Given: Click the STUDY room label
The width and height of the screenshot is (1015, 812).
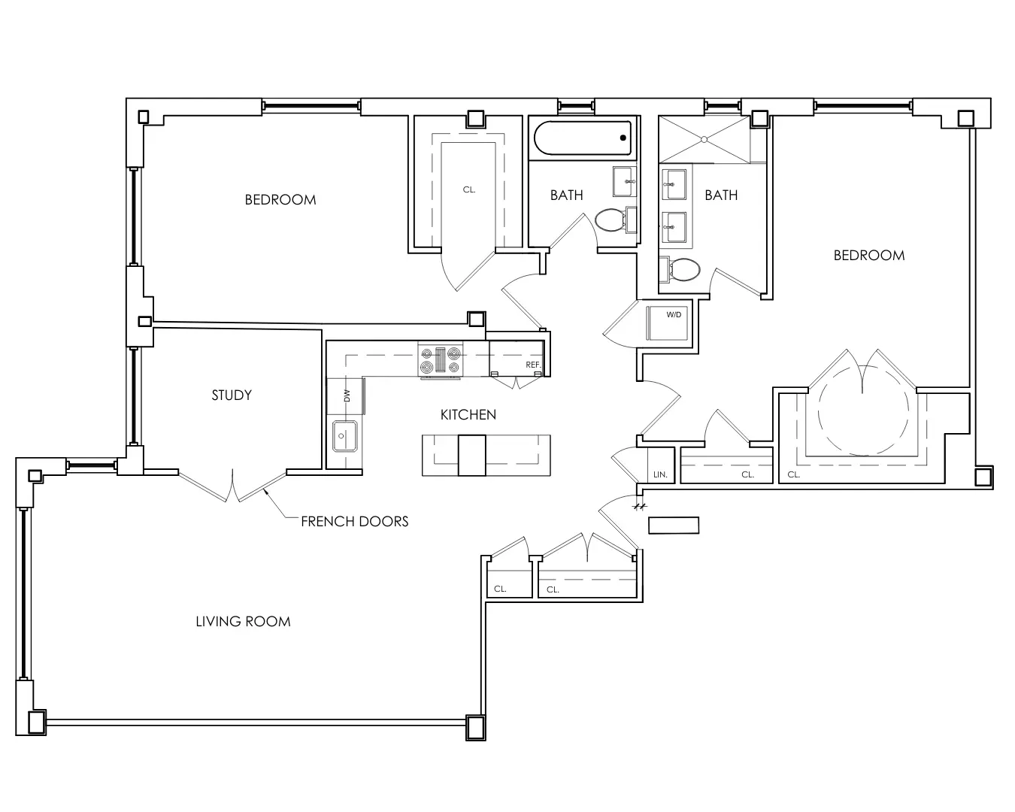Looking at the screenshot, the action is (x=232, y=395).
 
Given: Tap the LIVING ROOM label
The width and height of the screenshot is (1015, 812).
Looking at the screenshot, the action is (x=243, y=621).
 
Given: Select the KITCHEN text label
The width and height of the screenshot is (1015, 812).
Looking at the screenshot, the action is (x=468, y=415).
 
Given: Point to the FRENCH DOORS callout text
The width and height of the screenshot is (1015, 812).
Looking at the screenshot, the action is (x=355, y=521).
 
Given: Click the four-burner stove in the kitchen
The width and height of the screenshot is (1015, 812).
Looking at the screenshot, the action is (x=440, y=360).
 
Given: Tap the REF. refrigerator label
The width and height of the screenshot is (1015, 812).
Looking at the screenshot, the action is (x=533, y=365).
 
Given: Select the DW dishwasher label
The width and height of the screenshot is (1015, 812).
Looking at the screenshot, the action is (x=347, y=395).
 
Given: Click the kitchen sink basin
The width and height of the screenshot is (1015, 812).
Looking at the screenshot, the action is (x=343, y=436).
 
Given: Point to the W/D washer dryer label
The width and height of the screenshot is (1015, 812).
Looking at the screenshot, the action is (x=674, y=315).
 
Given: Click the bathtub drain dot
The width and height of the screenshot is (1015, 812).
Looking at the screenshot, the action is (x=623, y=138).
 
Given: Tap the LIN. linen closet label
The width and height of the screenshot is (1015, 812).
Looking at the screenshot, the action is (x=660, y=474).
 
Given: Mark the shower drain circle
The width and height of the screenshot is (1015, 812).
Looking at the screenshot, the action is (x=704, y=139).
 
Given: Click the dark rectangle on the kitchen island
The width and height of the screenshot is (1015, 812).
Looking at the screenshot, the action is (x=471, y=456).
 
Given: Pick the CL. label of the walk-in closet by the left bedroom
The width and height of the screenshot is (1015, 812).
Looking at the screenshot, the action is (x=469, y=189).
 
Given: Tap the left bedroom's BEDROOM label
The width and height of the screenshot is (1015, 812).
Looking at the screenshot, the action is (x=280, y=199).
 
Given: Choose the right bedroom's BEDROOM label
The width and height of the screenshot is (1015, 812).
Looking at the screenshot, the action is (x=869, y=256).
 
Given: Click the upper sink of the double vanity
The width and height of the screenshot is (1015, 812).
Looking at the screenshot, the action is (x=674, y=184).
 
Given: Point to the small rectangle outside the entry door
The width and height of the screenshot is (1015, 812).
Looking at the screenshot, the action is (x=674, y=526).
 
